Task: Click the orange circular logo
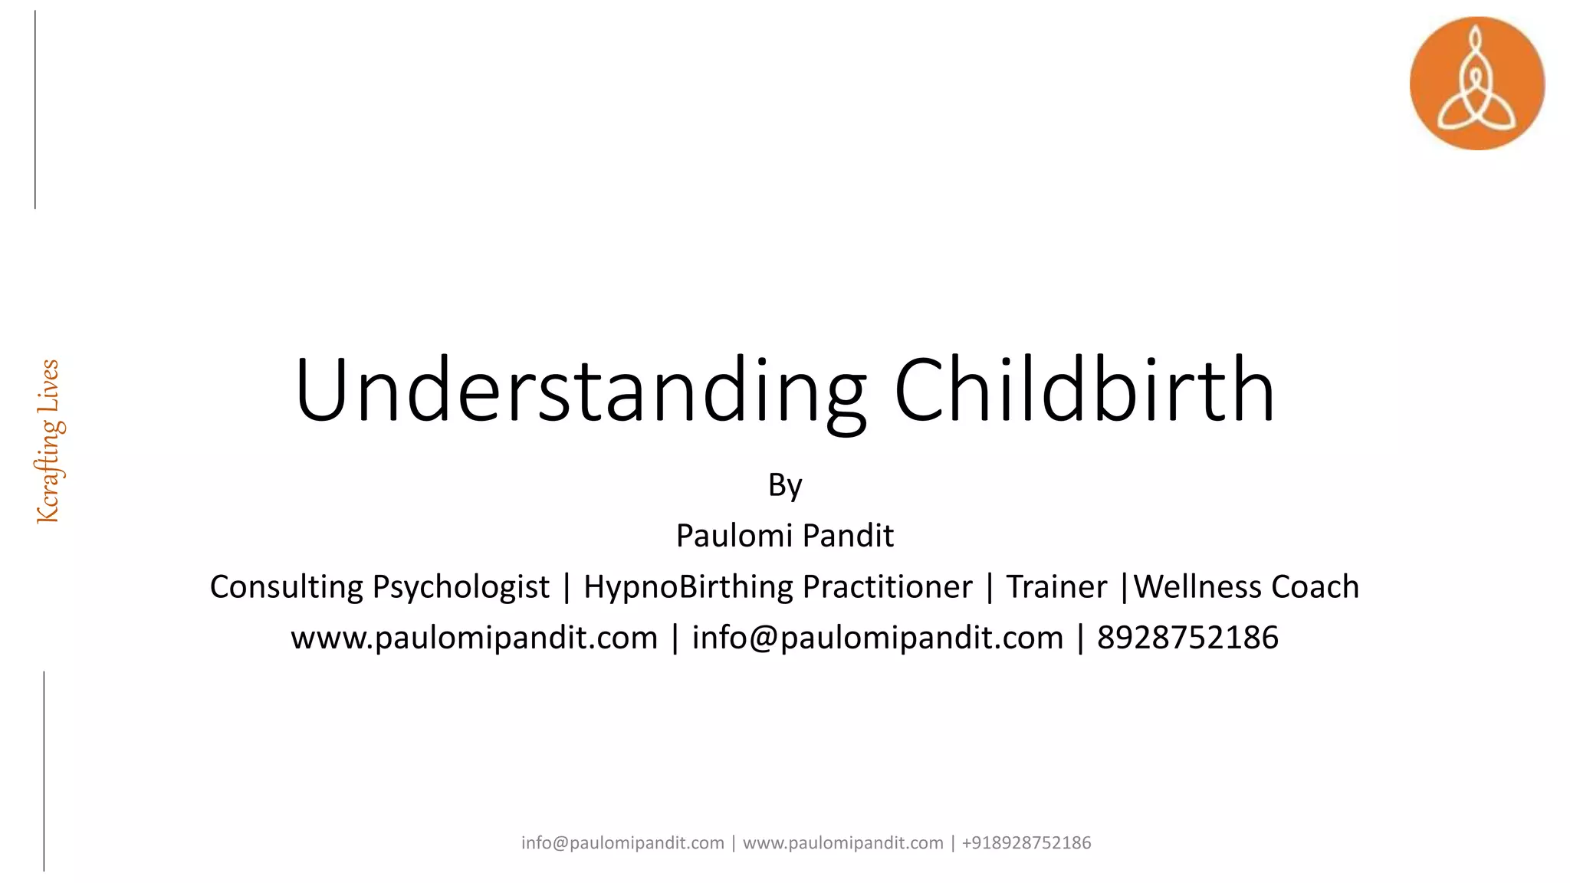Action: pos(1476,84)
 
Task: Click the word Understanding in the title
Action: pos(580,391)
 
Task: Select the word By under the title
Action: pos(785,486)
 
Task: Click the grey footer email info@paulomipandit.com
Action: pos(622,843)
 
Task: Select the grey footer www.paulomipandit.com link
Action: pos(842,843)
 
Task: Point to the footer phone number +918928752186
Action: pos(1026,843)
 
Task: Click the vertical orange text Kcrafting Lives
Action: pos(49,441)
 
